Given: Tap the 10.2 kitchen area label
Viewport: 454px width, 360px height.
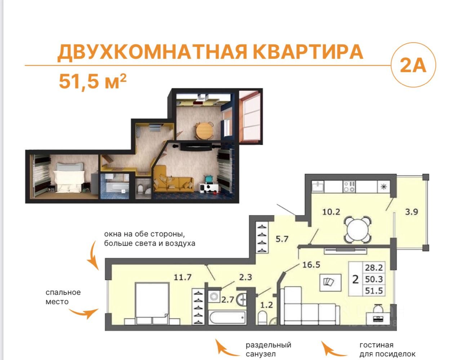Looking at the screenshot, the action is click(x=331, y=212).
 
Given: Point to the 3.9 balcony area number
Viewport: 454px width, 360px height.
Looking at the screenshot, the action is click(x=411, y=212).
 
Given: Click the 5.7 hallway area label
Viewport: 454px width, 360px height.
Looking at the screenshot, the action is click(x=282, y=239).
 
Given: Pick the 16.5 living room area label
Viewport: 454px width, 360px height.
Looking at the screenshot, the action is click(x=311, y=265).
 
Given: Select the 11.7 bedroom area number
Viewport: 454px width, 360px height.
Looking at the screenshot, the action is click(x=182, y=277).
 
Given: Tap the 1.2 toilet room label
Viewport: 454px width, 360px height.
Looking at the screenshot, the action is click(x=267, y=305).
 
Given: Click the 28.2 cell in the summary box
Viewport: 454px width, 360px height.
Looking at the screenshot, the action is click(x=374, y=268).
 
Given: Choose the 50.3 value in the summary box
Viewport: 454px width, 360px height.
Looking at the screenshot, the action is click(x=374, y=279).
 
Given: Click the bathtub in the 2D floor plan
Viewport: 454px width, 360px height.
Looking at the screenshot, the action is click(x=227, y=317).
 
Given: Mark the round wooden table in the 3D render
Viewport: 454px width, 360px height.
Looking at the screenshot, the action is click(x=204, y=130).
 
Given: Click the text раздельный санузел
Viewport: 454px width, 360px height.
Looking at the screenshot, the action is click(x=268, y=350).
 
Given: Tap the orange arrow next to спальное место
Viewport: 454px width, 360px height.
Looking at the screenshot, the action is click(x=84, y=312).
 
